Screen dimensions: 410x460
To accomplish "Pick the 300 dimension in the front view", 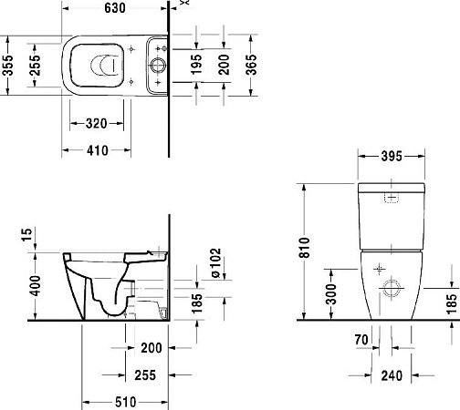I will (333, 294).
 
